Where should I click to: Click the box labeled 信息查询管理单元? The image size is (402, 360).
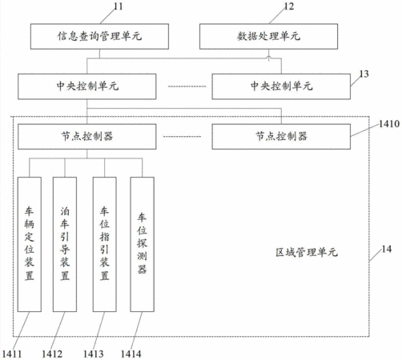point(99,36)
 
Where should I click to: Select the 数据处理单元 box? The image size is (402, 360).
point(268,36)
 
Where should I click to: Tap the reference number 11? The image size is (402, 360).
point(119,6)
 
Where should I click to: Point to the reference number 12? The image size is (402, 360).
point(288,6)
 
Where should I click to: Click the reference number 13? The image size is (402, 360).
point(364,74)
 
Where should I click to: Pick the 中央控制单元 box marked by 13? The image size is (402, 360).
point(281,86)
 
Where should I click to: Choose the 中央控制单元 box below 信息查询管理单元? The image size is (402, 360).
point(87,86)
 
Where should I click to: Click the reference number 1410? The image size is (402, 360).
point(389,124)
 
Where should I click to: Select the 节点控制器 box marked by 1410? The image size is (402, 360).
point(281,137)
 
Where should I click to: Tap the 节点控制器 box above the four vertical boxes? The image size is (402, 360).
point(87,137)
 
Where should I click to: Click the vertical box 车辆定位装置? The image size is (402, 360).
point(30,244)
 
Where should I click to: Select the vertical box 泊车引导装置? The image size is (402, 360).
point(65,244)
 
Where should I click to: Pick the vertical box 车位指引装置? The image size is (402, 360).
point(105,244)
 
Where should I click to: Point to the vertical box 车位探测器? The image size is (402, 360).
point(142,244)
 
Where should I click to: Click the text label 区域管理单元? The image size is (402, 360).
point(307,252)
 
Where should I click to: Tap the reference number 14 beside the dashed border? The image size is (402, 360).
point(386,249)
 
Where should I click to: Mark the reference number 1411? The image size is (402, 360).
point(12,354)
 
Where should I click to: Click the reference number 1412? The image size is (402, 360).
point(52,354)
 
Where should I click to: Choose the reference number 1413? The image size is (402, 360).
point(94,354)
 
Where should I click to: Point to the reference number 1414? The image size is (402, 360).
point(131,354)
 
